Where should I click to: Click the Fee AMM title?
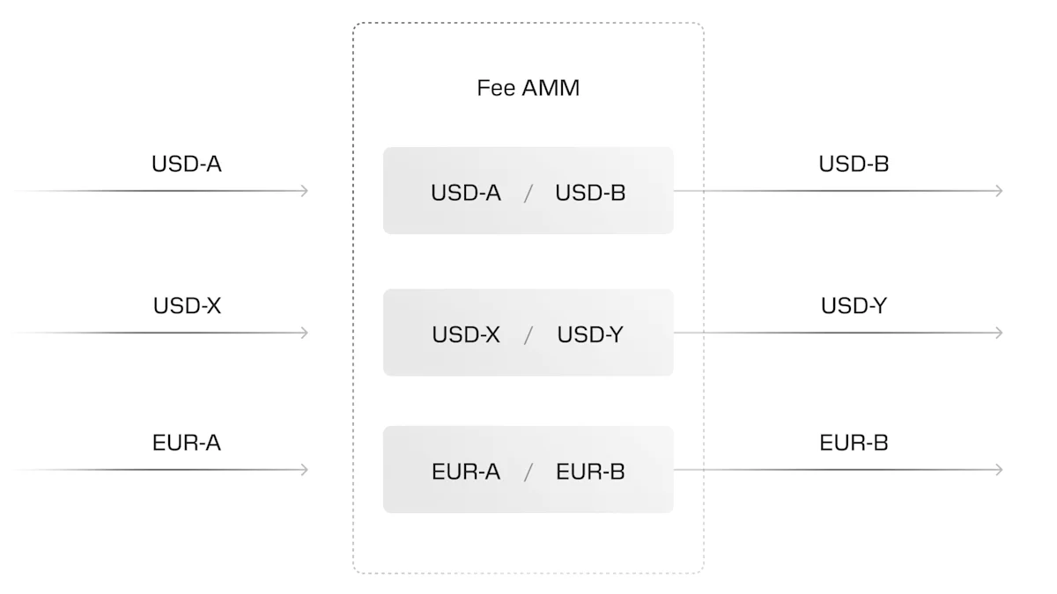pyautogui.click(x=528, y=88)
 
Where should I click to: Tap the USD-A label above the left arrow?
pyautogui.click(x=186, y=164)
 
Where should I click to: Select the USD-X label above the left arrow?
pyautogui.click(x=187, y=306)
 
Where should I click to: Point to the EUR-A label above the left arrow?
pyautogui.click(x=186, y=443)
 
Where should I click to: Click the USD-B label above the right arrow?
pyautogui.click(x=854, y=164)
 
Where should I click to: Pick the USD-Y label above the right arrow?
pyautogui.click(x=854, y=306)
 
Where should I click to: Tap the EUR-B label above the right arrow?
pyautogui.click(x=854, y=443)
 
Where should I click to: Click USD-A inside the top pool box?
pyautogui.click(x=466, y=193)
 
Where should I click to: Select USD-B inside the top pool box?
pyautogui.click(x=590, y=193)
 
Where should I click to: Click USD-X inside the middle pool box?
pyautogui.click(x=466, y=335)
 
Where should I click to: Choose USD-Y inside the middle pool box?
pyautogui.click(x=590, y=335)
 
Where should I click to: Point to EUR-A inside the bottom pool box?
pyautogui.click(x=466, y=472)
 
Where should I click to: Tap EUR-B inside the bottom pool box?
pyautogui.click(x=590, y=472)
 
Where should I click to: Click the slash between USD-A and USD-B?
pyautogui.click(x=528, y=194)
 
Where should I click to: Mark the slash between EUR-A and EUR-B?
pyautogui.click(x=528, y=473)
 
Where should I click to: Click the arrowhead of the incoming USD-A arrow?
pyautogui.click(x=304, y=191)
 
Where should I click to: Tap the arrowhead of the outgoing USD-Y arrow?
pyautogui.click(x=998, y=333)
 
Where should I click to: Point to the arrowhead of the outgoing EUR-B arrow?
pyautogui.click(x=998, y=470)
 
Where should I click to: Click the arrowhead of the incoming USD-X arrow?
pyautogui.click(x=304, y=333)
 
